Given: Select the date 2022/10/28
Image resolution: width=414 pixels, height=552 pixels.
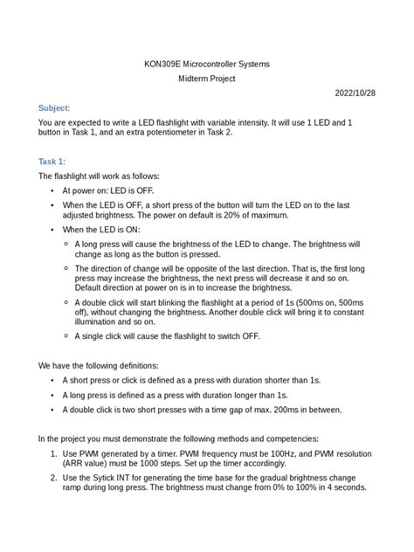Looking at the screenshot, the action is (x=356, y=93).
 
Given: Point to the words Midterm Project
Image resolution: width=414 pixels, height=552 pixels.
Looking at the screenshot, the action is (x=207, y=78).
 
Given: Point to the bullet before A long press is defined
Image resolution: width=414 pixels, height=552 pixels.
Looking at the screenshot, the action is (x=54, y=395).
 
